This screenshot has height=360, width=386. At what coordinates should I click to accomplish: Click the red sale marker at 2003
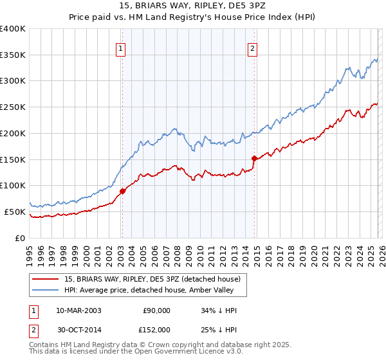[122, 190]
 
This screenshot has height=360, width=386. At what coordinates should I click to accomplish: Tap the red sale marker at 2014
[254, 157]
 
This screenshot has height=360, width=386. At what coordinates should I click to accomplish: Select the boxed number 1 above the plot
[121, 47]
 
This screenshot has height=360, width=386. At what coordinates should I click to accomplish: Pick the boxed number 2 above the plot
[253, 47]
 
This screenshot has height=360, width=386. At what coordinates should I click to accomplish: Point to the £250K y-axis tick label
[13, 107]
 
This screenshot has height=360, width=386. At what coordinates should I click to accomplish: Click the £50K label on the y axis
[15, 212]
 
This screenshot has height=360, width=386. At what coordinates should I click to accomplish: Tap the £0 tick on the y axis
[21, 238]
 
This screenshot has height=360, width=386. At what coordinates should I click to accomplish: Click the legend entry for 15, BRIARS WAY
[152, 279]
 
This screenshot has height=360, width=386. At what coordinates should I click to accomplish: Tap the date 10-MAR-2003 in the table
[78, 310]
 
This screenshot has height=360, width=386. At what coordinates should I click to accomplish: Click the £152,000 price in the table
[157, 329]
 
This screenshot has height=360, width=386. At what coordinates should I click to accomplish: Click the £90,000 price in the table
[157, 310]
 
